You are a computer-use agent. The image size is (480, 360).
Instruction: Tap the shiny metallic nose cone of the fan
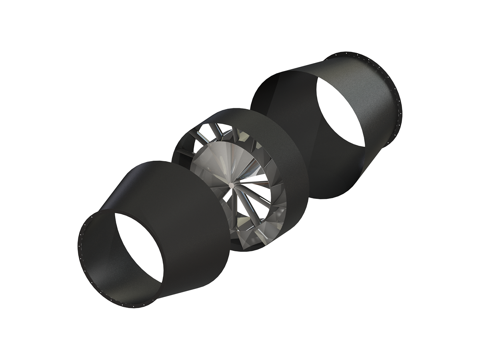(216, 164)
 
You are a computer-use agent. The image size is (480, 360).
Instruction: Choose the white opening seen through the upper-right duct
(340, 112)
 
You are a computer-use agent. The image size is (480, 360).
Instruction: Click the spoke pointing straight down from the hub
(232, 216)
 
